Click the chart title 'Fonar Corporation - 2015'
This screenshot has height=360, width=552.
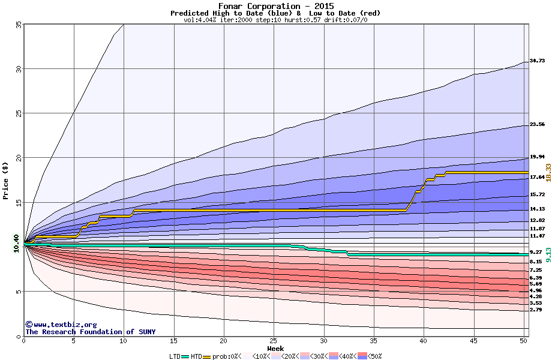click(275, 6)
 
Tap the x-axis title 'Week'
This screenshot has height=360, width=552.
click(275, 348)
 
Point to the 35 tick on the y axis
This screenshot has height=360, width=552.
click(18, 25)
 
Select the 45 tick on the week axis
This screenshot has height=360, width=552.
click(473, 341)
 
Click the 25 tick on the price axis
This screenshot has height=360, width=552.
click(18, 113)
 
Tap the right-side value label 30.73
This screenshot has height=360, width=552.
click(537, 61)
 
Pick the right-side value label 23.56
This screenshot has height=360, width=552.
click(537, 124)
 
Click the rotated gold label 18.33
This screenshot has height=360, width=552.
click(548, 172)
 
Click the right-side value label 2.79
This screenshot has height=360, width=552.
click(536, 310)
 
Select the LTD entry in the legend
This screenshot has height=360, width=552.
click(175, 356)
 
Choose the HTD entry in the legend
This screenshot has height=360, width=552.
click(196, 356)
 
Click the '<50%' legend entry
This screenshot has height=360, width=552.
click(374, 356)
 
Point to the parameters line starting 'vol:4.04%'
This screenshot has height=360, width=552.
click(275, 20)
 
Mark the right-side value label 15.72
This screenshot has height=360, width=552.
click(537, 195)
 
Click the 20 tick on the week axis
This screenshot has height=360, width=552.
click(223, 341)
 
